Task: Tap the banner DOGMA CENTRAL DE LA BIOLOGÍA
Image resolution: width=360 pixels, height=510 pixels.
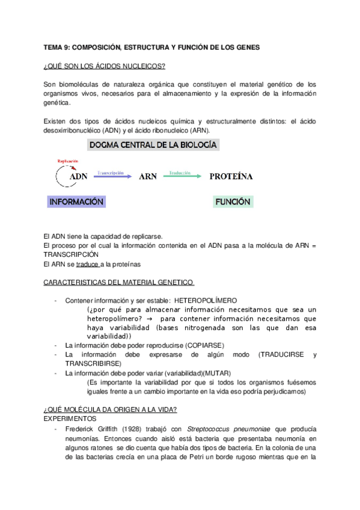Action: (153, 145)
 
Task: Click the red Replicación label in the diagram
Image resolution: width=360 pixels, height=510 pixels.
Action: (69, 161)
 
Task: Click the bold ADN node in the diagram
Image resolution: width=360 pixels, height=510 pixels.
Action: (79, 177)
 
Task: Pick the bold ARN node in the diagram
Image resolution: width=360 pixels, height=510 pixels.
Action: (148, 177)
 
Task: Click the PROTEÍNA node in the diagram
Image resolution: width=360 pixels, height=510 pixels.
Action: (231, 177)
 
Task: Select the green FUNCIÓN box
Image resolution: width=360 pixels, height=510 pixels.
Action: (233, 202)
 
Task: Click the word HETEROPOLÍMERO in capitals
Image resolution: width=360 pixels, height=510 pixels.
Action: (207, 300)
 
